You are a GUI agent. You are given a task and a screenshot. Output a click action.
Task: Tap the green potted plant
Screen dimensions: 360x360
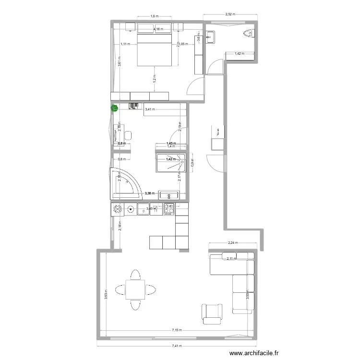click(115, 108)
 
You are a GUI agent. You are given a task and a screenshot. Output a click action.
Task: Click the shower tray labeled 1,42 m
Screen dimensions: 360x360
click(170, 162)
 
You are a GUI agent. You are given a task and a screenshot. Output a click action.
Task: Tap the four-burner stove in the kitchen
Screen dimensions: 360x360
click(169, 209)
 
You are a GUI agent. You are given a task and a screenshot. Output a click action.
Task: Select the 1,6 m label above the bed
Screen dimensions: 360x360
click(154, 17)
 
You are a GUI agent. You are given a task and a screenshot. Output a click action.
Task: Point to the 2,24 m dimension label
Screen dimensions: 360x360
click(233, 243)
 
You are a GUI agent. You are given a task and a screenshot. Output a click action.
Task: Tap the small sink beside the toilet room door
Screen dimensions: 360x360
click(211, 36)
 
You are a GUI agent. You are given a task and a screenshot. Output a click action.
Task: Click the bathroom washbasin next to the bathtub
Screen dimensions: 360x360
click(169, 195)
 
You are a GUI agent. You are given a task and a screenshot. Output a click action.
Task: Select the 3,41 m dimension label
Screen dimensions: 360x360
click(150, 109)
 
